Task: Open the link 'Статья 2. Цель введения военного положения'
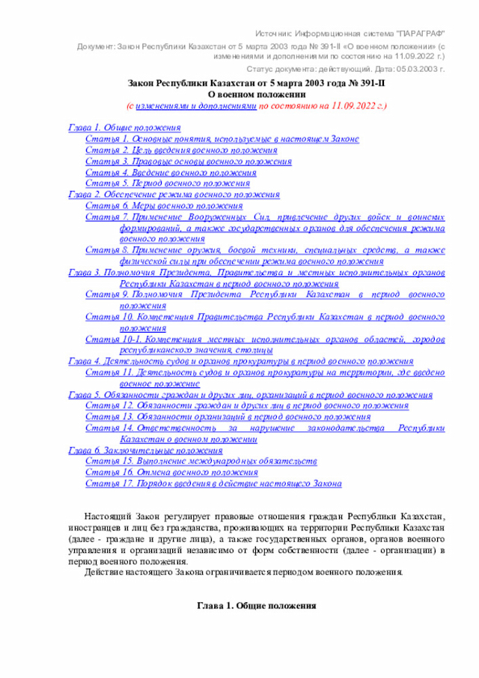pyautogui.click(x=171, y=150)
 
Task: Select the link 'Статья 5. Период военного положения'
pyautogui.click(x=168, y=183)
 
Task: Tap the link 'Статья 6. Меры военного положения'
pyautogui.click(x=164, y=205)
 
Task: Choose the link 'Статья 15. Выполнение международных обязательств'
pyautogui.click(x=201, y=461)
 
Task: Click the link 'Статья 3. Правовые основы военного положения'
pyautogui.click(x=189, y=161)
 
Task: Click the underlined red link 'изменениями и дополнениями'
pyautogui.click(x=196, y=106)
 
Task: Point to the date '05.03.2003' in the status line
pyautogui.click(x=405, y=68)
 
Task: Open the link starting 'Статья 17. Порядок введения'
pyautogui.click(x=213, y=484)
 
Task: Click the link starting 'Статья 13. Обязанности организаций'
pyautogui.click(x=228, y=417)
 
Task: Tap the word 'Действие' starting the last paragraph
pyautogui.click(x=106, y=572)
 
